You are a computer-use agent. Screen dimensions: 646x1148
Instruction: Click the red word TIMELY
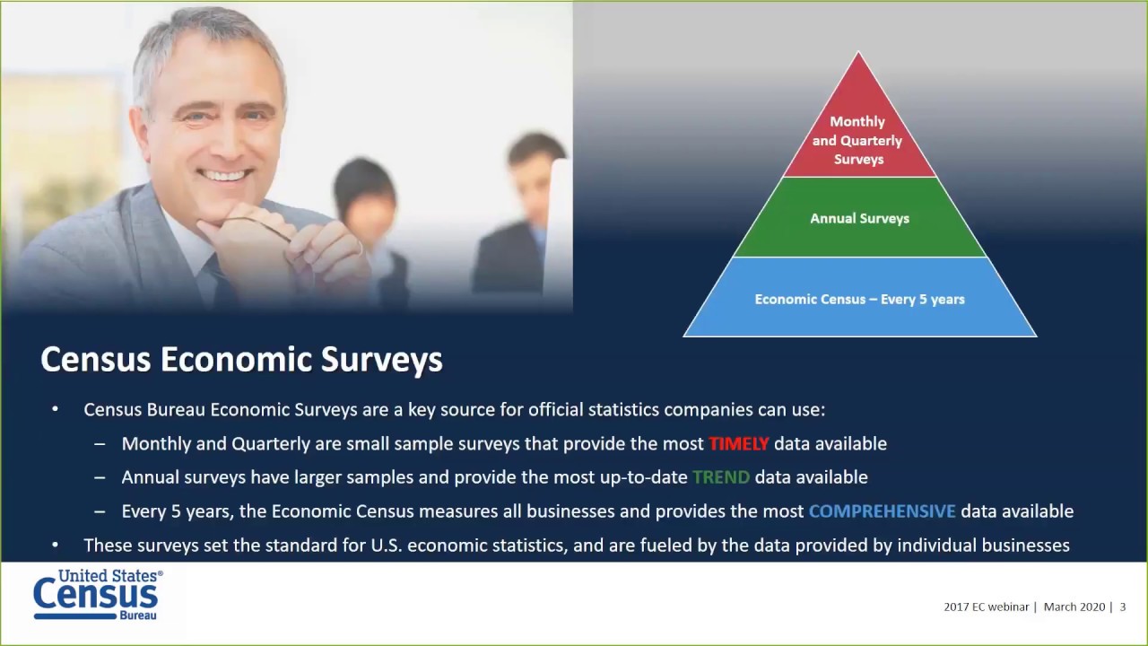738,443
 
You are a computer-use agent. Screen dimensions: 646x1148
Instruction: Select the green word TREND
720,477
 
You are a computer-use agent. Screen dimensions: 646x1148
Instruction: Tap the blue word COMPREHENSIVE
882,511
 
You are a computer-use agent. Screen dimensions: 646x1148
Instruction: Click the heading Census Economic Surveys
241,359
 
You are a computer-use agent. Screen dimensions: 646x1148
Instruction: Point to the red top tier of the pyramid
858,135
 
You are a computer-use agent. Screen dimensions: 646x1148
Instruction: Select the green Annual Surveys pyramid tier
859,218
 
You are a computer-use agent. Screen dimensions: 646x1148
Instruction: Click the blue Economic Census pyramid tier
859,299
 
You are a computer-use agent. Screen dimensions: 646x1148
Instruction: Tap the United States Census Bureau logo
97,594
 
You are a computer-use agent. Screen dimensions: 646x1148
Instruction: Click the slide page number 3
1122,607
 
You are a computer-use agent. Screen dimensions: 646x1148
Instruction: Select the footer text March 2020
1074,607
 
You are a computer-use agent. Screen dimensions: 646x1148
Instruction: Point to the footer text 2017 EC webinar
986,607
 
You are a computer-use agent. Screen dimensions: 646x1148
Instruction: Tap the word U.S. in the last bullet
388,546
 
